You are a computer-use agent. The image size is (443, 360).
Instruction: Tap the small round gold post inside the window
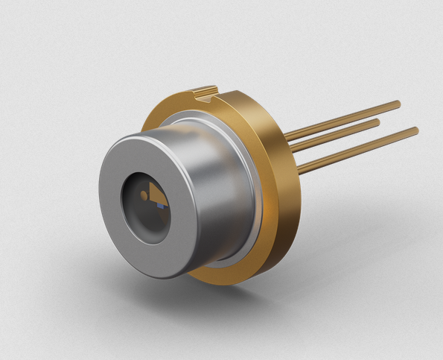pyautogui.click(x=144, y=195)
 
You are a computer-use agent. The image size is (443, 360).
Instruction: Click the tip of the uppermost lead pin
pyautogui.click(x=398, y=104)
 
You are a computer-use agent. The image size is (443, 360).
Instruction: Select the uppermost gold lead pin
pyautogui.click(x=342, y=120)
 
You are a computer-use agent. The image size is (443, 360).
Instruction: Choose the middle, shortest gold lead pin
pyautogui.click(x=335, y=133)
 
